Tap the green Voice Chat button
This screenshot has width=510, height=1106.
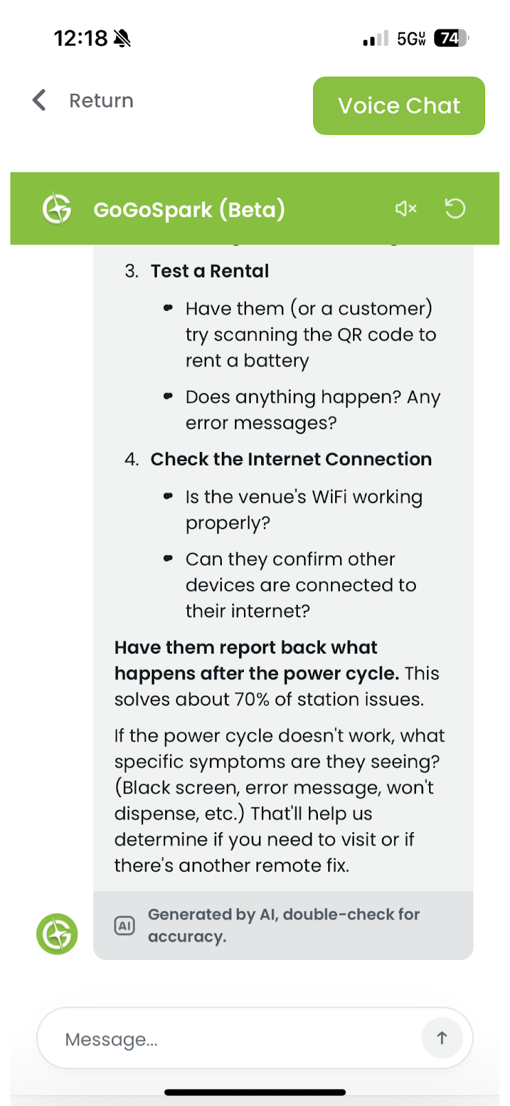[x=399, y=106]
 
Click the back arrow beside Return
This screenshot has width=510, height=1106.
[x=39, y=100]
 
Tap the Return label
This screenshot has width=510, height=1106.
[x=101, y=101]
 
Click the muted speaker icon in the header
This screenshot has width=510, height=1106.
[x=406, y=208]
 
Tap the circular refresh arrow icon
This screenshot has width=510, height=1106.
[x=455, y=208]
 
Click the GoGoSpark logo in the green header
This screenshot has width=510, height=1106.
[x=57, y=209]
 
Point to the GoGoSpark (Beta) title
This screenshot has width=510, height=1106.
[x=189, y=209]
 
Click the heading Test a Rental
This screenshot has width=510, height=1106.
[x=209, y=271]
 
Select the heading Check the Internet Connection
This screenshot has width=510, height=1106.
[x=291, y=460]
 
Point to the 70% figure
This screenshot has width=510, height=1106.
[x=252, y=700]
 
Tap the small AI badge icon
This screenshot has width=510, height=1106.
[x=124, y=926]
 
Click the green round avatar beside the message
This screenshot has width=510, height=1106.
[x=57, y=934]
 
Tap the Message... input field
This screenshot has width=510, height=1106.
[x=235, y=1039]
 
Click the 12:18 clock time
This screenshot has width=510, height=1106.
[x=81, y=38]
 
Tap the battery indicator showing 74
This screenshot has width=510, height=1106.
[x=451, y=38]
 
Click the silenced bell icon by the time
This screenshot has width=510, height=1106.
[x=122, y=38]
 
